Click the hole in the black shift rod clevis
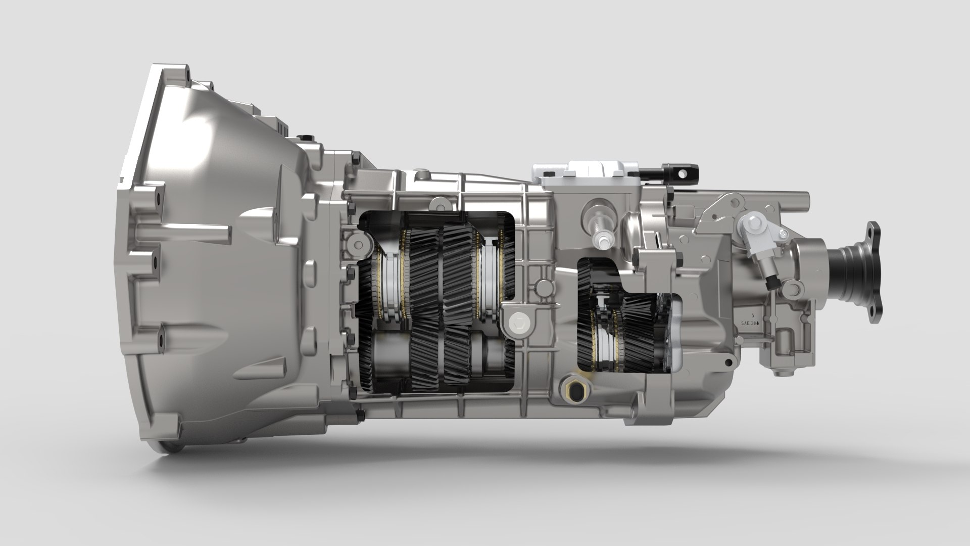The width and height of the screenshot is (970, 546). [683, 173]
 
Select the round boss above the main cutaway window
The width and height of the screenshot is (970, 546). [438, 204]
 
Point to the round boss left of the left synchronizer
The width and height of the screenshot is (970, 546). [358, 245]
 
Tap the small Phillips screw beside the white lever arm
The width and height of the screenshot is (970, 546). [783, 234]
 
